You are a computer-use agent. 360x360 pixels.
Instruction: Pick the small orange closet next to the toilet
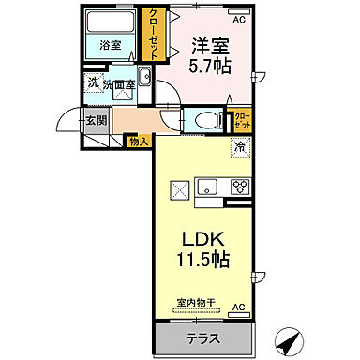244,120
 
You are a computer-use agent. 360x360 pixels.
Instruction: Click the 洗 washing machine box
94,82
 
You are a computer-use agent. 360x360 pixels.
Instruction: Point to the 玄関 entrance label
96,120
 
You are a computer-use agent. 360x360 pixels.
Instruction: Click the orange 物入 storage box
139,141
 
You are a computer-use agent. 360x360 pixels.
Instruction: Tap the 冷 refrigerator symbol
240,146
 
